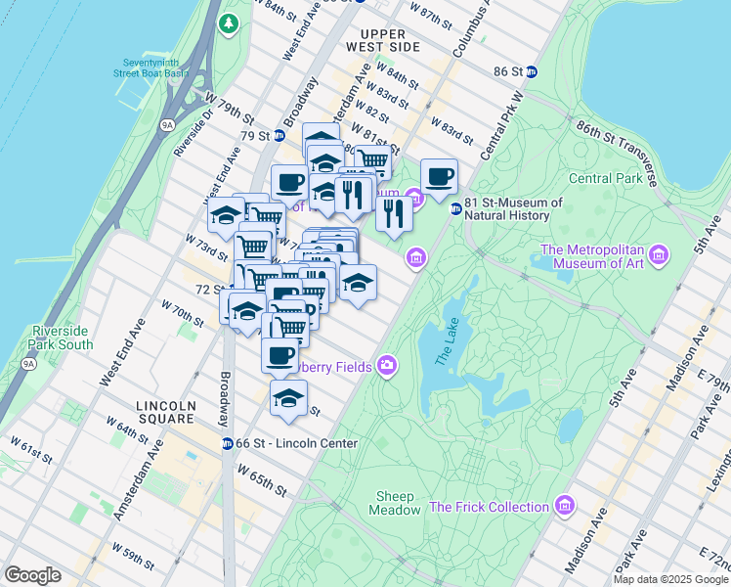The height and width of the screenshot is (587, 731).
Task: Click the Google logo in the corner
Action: click(32, 575)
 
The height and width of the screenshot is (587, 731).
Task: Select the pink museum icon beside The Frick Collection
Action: click(564, 506)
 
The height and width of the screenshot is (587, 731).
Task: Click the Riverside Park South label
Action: click(62, 338)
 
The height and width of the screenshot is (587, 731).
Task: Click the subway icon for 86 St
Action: click(531, 71)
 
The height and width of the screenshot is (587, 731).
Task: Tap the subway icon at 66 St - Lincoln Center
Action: click(227, 443)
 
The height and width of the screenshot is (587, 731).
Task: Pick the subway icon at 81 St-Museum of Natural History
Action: click(455, 208)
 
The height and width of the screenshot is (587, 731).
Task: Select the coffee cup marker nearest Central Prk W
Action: click(440, 177)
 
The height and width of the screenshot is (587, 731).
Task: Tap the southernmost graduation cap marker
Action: click(288, 398)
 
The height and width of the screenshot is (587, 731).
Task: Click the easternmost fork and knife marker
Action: click(394, 213)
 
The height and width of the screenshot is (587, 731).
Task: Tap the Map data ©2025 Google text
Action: click(669, 579)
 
